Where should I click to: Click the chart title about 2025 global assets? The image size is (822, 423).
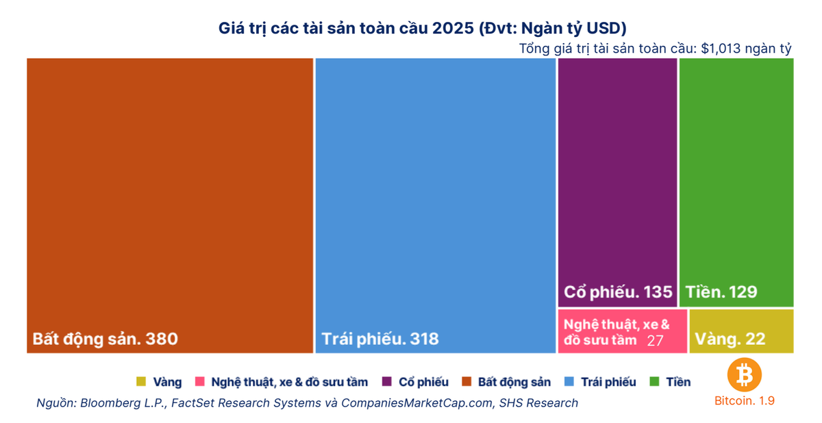[x=423, y=29]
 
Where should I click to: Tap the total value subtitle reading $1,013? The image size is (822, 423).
[x=655, y=49]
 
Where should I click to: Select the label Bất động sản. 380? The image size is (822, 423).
[x=105, y=339]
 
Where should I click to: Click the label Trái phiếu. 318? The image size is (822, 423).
[x=380, y=339]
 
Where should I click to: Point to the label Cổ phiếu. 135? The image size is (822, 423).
[x=618, y=292]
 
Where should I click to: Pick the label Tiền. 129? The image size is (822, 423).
[x=721, y=292]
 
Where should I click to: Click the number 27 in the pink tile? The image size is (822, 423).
[x=655, y=341]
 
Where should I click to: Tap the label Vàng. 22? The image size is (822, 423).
[x=730, y=339]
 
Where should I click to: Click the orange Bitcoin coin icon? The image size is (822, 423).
[x=745, y=374]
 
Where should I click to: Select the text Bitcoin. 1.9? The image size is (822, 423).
[x=744, y=400]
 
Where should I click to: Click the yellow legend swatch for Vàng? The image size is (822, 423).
[x=141, y=381]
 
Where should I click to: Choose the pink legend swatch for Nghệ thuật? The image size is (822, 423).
[x=199, y=381]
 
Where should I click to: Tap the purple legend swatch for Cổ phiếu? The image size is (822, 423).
[x=387, y=381]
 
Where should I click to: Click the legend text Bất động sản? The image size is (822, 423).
[x=514, y=382]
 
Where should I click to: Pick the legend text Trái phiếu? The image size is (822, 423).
[x=608, y=382]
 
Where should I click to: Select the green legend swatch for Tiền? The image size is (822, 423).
[x=654, y=381]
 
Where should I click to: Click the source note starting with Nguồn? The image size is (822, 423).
[x=307, y=403]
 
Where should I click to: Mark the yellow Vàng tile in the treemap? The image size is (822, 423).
[x=741, y=331]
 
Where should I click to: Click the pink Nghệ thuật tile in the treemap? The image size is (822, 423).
[x=623, y=331]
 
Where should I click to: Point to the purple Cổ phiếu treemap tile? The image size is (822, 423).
[x=618, y=183]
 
